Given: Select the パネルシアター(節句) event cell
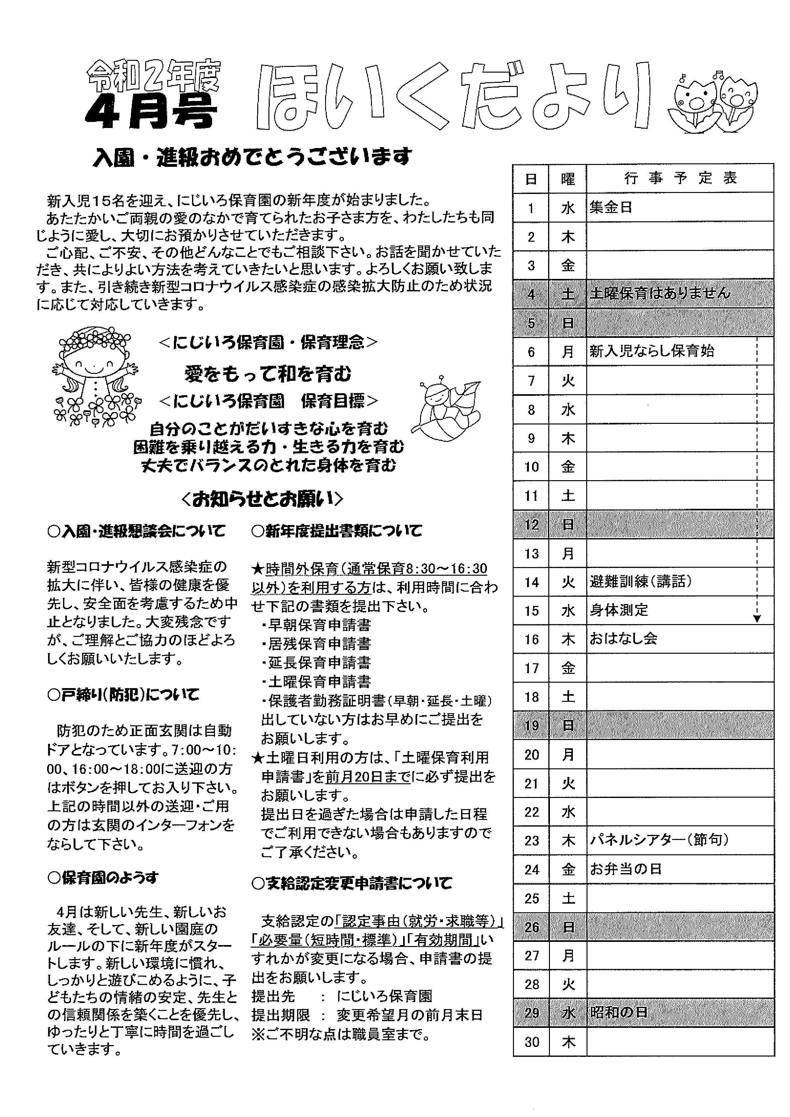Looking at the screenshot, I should pos(659,840).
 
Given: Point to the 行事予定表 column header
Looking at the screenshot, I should pos(680,179).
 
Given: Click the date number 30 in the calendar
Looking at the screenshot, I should pos(532,1042).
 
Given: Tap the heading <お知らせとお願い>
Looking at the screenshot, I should pos(263,499).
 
